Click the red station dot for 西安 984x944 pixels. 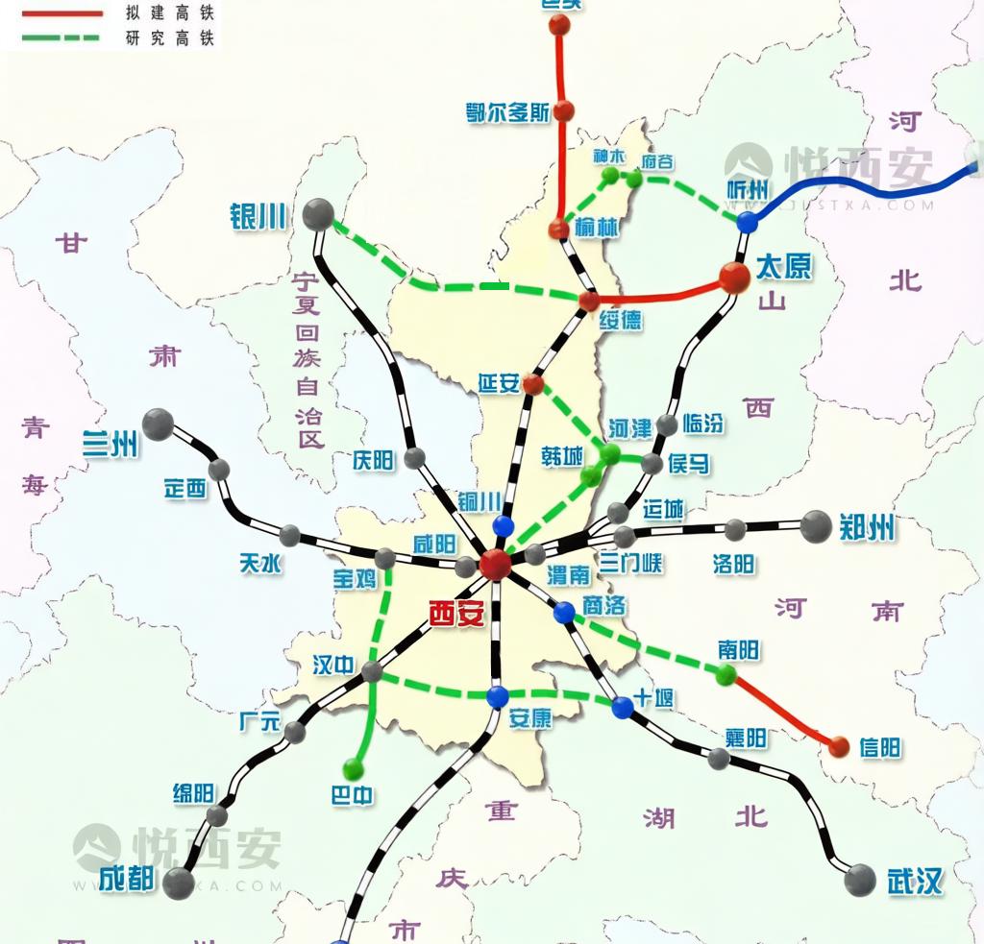[x=496, y=564]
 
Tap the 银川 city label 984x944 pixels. [x=258, y=216]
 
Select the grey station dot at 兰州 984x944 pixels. [x=158, y=424]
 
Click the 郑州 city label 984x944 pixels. [x=867, y=526]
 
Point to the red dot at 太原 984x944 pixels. [x=734, y=278]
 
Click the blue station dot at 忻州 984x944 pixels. [x=747, y=222]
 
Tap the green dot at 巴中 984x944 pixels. [x=354, y=768]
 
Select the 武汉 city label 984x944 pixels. [x=915, y=881]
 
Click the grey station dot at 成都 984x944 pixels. [x=178, y=883]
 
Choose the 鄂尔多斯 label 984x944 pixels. [x=507, y=111]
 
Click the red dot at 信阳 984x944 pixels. [x=839, y=746]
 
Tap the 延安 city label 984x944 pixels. [x=499, y=384]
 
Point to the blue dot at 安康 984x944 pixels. [x=497, y=696]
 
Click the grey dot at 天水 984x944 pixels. [x=290, y=534]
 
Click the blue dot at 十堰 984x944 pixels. [x=623, y=708]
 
